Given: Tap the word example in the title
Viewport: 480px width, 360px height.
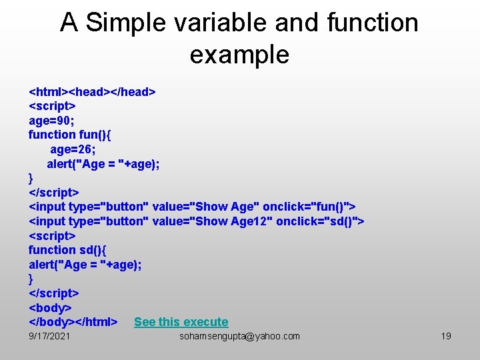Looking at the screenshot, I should (x=239, y=55).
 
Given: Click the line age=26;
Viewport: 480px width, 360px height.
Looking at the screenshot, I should (x=73, y=149).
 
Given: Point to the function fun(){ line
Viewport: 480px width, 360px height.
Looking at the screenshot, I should (x=70, y=135).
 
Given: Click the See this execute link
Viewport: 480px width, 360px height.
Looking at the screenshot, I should (x=181, y=322).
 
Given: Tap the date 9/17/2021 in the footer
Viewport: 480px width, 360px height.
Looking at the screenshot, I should (x=49, y=337).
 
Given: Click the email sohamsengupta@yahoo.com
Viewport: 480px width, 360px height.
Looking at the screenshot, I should (x=239, y=337).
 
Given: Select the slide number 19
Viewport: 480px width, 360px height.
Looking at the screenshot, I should (x=446, y=337).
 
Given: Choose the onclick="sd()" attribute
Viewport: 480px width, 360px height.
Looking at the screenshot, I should (x=317, y=221).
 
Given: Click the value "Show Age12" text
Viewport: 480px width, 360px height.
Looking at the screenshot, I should (x=213, y=221).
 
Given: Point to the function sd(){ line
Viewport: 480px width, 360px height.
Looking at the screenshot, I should (x=67, y=250).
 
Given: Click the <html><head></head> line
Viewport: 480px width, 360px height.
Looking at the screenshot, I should (x=92, y=91).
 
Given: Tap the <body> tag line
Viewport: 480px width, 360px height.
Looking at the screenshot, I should (x=49, y=308).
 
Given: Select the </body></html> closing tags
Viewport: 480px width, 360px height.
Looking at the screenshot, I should (x=73, y=322).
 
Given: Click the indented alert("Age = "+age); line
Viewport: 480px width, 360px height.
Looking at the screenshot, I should (x=103, y=164).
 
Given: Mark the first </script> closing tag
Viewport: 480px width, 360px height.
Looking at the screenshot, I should (x=53, y=193).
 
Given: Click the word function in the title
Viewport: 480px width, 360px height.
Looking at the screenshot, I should (x=373, y=23).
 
